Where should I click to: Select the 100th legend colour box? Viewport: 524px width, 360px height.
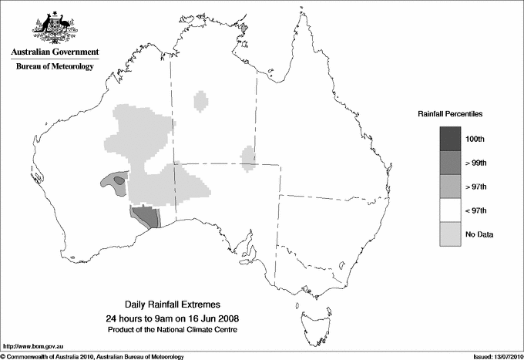click(450, 138)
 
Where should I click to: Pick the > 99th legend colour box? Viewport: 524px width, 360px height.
click(450, 162)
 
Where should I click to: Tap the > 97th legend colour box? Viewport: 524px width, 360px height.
click(450, 186)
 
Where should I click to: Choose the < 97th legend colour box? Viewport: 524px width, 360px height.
click(450, 210)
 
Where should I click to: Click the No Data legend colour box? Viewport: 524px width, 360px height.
click(450, 234)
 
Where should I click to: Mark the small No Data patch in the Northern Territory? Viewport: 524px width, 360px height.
click(201, 101)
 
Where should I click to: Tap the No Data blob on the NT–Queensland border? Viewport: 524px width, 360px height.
click(248, 158)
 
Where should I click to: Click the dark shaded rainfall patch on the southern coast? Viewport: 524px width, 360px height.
click(146, 216)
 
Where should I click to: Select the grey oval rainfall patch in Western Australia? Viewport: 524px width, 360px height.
click(113, 181)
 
